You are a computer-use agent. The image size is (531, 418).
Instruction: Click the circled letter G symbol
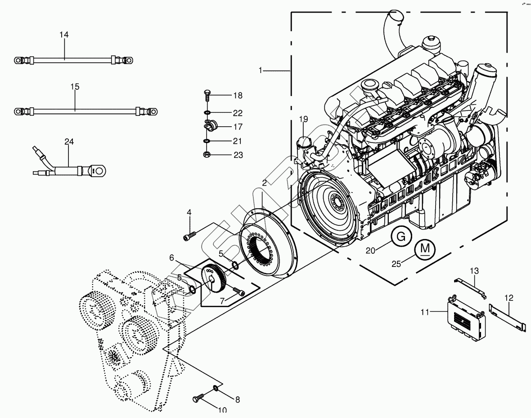[x=404, y=236]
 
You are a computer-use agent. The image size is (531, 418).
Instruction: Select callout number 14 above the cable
[x=64, y=35]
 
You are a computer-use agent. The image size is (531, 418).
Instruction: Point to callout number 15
[x=75, y=87]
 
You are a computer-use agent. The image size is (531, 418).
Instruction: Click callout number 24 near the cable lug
[x=68, y=142]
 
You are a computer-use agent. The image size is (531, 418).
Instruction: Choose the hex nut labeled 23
[x=207, y=155]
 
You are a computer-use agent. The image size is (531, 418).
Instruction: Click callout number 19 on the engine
[x=304, y=119]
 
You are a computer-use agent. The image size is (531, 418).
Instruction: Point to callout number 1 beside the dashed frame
[x=261, y=70]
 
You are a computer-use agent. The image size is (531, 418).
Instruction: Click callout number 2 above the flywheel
[x=264, y=183]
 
